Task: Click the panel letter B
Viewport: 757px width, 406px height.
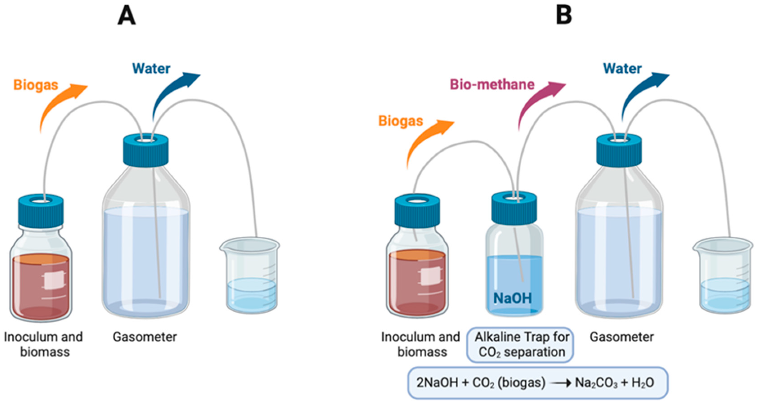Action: click(564, 15)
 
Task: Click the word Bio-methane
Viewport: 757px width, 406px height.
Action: click(492, 85)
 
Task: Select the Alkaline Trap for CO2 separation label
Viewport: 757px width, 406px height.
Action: click(520, 345)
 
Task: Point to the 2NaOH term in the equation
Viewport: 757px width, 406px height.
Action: click(437, 383)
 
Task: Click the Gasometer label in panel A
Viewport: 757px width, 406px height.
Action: click(145, 337)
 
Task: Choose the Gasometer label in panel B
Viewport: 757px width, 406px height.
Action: click(622, 337)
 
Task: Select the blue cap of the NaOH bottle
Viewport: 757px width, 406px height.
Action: click(514, 209)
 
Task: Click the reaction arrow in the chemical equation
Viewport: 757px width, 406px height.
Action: click(560, 383)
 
